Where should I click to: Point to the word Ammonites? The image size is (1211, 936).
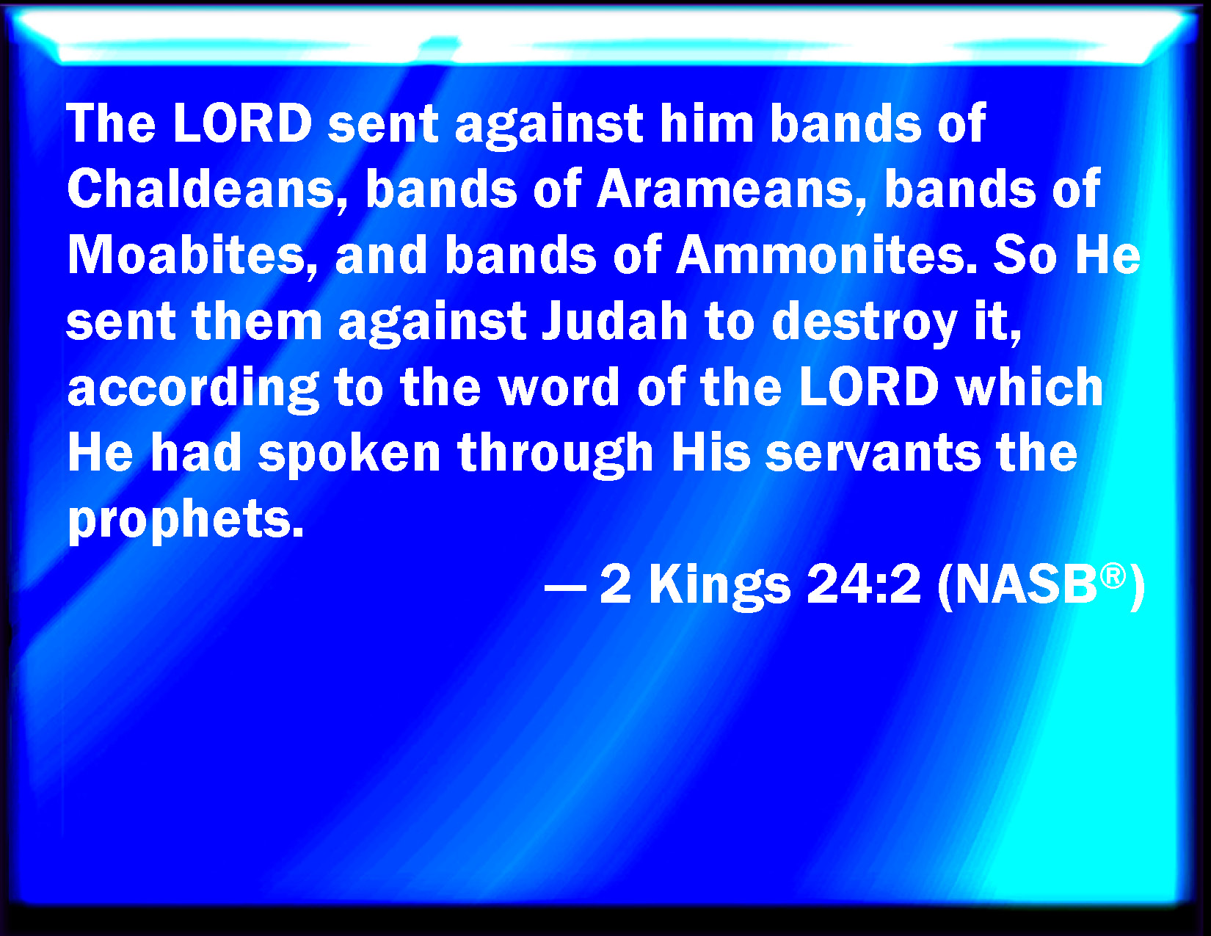coord(827,255)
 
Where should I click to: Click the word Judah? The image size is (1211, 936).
coord(615,321)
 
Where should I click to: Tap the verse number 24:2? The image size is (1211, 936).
coord(864,585)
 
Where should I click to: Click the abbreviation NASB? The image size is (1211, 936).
coord(1026,585)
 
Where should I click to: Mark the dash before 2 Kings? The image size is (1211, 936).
coord(564,587)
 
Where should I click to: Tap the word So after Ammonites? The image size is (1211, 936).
coord(1025,255)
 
